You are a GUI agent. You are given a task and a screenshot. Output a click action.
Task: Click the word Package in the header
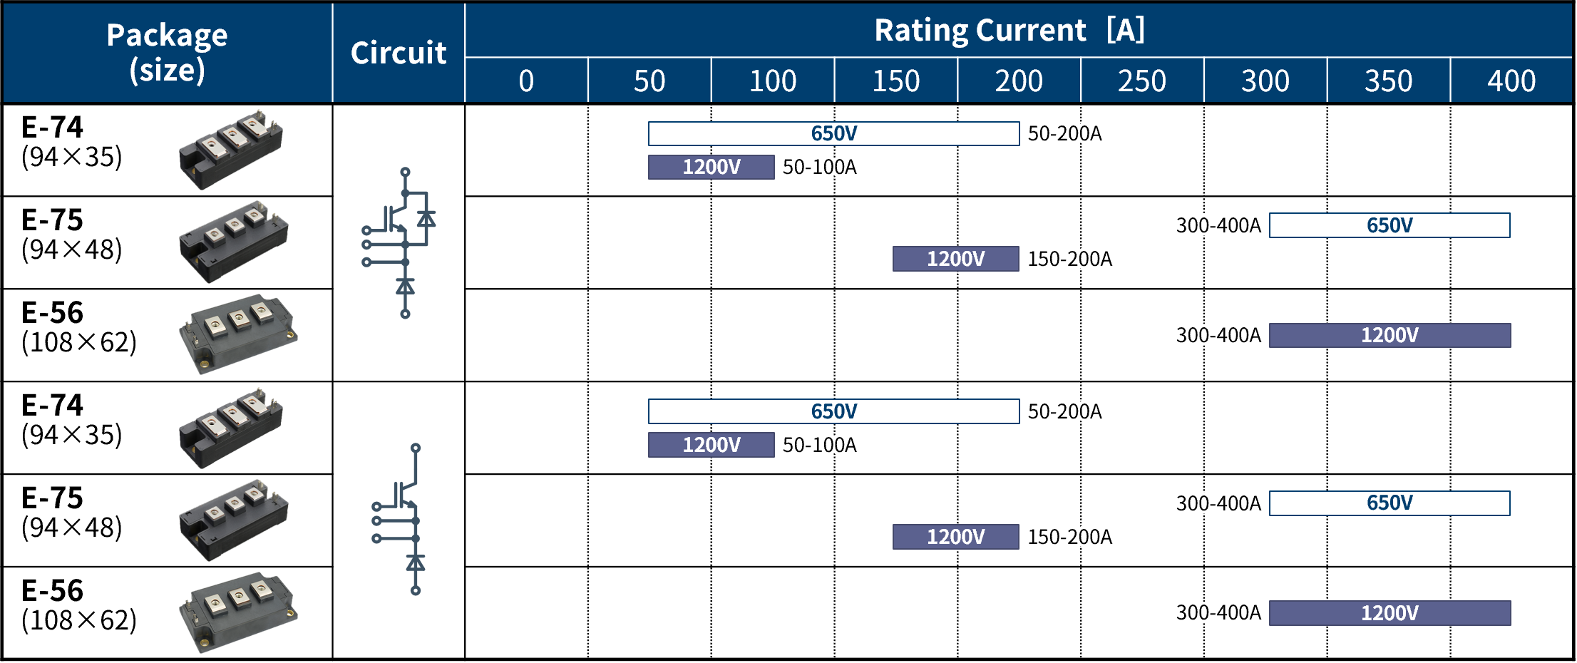pyautogui.click(x=167, y=36)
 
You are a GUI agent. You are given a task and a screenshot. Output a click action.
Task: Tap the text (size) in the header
pyautogui.click(x=167, y=70)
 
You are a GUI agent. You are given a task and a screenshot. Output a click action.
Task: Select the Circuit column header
pyautogui.click(x=399, y=53)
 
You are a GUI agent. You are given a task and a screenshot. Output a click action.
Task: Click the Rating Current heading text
pyautogui.click(x=980, y=30)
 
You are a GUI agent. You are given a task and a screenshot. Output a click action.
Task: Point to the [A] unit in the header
pyautogui.click(x=1126, y=30)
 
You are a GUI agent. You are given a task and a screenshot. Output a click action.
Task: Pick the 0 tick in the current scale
pyautogui.click(x=526, y=81)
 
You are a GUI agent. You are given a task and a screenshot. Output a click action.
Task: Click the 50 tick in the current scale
pyautogui.click(x=649, y=81)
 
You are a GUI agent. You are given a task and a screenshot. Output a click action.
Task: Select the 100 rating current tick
pyautogui.click(x=773, y=81)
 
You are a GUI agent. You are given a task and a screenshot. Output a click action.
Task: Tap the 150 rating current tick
pyautogui.click(x=896, y=81)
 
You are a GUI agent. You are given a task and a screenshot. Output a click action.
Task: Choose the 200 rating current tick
pyautogui.click(x=1019, y=81)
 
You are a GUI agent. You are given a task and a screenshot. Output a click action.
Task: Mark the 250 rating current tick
pyautogui.click(x=1142, y=81)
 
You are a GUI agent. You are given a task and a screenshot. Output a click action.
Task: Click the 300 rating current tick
pyautogui.click(x=1265, y=81)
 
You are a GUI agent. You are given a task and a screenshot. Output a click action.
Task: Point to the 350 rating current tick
pyautogui.click(x=1389, y=81)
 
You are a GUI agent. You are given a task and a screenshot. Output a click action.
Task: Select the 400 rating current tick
pyautogui.click(x=1511, y=81)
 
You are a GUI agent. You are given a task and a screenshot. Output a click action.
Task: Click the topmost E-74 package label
pyautogui.click(x=53, y=127)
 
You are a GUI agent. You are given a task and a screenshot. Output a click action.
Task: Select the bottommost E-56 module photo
pyautogui.click(x=238, y=612)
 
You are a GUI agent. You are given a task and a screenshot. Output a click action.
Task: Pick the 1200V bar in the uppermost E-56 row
pyautogui.click(x=1389, y=335)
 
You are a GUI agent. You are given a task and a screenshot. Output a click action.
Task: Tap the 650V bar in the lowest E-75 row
pyautogui.click(x=1389, y=503)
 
